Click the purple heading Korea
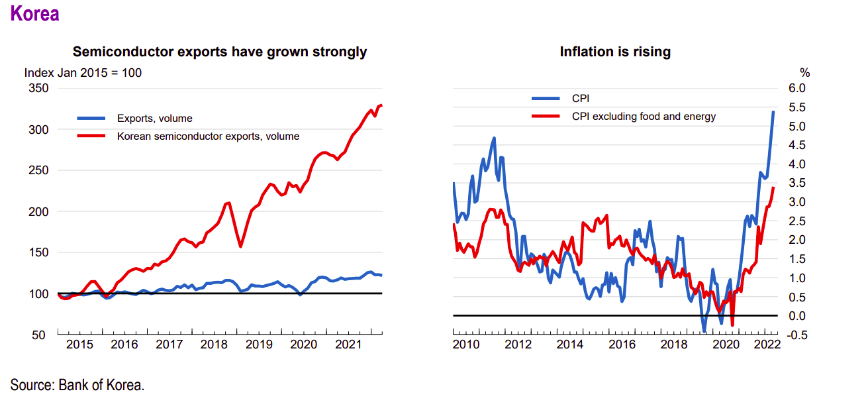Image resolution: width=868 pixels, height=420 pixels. click(x=35, y=14)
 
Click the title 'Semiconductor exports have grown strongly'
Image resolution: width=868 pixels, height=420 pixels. click(x=219, y=52)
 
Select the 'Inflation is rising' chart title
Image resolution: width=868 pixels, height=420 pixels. click(x=615, y=52)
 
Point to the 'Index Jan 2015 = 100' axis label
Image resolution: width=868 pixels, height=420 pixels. click(x=83, y=73)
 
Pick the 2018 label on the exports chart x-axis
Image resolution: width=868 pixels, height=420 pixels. click(x=214, y=344)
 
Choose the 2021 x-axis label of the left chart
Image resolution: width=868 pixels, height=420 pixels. click(x=348, y=344)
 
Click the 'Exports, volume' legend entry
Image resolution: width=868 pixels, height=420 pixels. click(x=154, y=119)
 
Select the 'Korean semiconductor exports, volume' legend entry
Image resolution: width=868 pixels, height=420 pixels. click(x=208, y=136)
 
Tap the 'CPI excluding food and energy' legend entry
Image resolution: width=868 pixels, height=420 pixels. click(x=644, y=117)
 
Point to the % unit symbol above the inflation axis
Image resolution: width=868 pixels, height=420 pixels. click(x=804, y=73)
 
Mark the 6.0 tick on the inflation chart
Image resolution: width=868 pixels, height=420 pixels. click(x=796, y=88)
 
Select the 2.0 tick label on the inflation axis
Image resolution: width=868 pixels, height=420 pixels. click(x=796, y=240)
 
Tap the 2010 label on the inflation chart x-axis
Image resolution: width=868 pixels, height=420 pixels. click(x=466, y=344)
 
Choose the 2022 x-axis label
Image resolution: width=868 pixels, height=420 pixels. click(x=766, y=344)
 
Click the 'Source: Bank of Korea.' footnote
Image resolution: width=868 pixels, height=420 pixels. click(x=77, y=385)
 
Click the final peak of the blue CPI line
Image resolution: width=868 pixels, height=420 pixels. click(x=774, y=111)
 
